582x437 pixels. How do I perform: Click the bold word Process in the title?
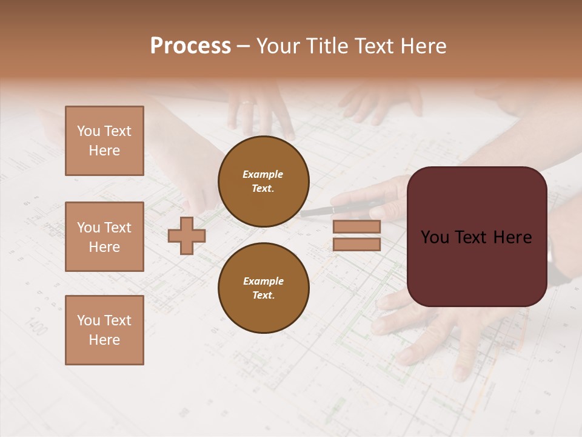[x=190, y=46]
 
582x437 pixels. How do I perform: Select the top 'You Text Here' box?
[x=104, y=141]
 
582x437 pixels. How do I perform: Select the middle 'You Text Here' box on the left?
[x=104, y=237]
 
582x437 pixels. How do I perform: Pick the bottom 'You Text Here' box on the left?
[x=104, y=330]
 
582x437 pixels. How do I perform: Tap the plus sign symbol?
[x=186, y=236]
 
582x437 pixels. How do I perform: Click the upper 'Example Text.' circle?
[x=264, y=181]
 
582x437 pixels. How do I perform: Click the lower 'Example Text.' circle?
[x=264, y=288]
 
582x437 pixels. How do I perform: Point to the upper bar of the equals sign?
[x=356, y=226]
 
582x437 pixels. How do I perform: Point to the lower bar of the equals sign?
[x=356, y=245]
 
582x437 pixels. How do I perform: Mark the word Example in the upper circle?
[x=263, y=174]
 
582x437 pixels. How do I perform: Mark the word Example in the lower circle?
[x=263, y=281]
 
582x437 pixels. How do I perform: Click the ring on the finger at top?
[x=247, y=103]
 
